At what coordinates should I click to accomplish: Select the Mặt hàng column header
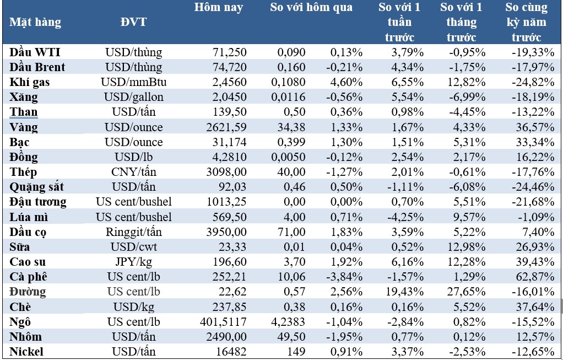tap(35, 23)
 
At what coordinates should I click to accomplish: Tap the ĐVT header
tap(133, 23)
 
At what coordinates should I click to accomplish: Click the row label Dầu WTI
tap(35, 52)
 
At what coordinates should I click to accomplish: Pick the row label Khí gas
tap(30, 82)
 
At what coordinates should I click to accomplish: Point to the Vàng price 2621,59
tap(227, 127)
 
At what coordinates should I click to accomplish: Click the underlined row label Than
tap(24, 112)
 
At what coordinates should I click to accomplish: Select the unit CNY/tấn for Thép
tap(133, 172)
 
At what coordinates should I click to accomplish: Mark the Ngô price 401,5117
tap(223, 321)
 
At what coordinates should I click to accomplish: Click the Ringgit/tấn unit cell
tap(133, 232)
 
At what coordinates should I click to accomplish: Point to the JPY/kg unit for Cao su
tap(133, 262)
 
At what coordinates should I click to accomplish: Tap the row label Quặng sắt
tap(37, 187)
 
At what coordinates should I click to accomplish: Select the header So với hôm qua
tap(311, 8)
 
